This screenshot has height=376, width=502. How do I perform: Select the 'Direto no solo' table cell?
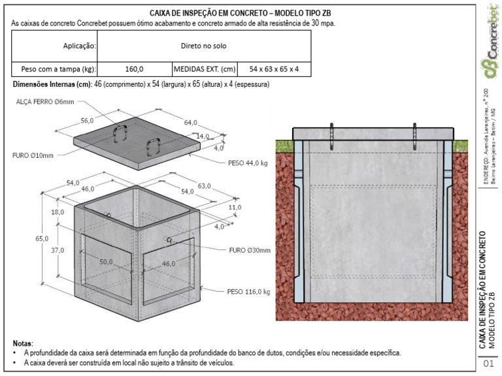(203, 46)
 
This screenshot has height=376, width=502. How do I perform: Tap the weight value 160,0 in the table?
(134, 69)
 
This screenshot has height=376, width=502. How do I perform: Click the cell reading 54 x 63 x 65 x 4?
(274, 69)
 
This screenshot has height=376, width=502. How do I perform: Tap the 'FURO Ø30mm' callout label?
(250, 250)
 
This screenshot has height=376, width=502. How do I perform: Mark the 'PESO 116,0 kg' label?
(248, 292)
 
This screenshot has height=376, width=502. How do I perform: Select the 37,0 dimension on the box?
(58, 249)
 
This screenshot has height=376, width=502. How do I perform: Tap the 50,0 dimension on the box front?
(106, 262)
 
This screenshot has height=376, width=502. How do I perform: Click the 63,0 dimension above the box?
(204, 186)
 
